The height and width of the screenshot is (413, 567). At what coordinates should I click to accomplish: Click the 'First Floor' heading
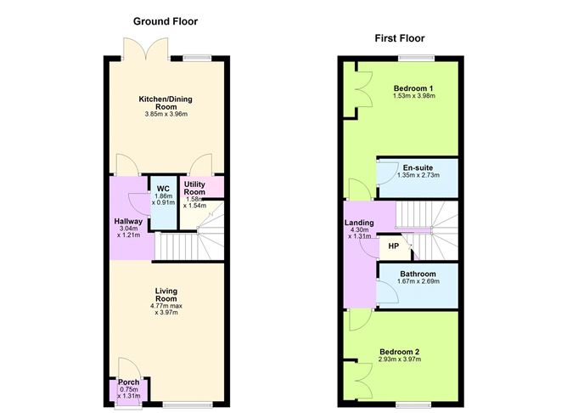[x=399, y=38]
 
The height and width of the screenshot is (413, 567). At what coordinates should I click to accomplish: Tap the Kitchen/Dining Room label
[x=171, y=103]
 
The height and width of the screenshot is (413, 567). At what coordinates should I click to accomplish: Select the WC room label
[x=162, y=188]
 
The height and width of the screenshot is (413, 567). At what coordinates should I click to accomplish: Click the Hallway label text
[x=128, y=222]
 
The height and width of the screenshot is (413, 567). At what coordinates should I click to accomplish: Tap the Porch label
[x=129, y=382]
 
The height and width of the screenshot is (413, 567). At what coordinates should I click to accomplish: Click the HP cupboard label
[x=393, y=246]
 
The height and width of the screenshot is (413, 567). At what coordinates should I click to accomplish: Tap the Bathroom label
[x=419, y=274]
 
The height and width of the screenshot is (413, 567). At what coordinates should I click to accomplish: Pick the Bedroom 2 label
[x=399, y=351]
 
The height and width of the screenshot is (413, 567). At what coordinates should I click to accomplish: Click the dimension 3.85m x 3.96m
[x=171, y=115]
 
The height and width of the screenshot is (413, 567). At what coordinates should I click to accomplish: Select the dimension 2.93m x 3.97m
[x=399, y=359]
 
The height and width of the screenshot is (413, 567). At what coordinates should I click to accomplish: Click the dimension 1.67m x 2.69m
[x=419, y=282]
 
